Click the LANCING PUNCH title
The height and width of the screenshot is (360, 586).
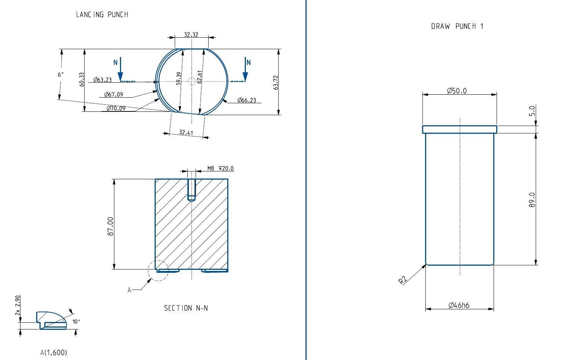click(102, 15)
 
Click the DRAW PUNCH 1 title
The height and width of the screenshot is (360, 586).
click(457, 26)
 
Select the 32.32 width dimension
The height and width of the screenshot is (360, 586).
click(191, 35)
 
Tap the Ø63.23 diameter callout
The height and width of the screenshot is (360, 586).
click(102, 79)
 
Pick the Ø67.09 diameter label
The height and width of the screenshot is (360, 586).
click(114, 94)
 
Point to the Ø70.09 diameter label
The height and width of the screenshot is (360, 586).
click(116, 108)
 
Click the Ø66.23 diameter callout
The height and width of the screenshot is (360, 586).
click(247, 100)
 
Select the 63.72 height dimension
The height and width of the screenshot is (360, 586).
click(276, 82)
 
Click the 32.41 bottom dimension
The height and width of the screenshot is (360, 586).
click(186, 132)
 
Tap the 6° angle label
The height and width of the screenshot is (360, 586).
click(61, 75)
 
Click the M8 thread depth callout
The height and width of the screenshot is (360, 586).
click(221, 168)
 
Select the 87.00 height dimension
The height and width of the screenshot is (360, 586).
click(110, 226)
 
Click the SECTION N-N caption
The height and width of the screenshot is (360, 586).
click(186, 308)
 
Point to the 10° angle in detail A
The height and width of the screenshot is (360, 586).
click(76, 322)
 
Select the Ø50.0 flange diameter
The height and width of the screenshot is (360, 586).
click(457, 91)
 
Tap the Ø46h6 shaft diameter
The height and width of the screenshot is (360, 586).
click(459, 306)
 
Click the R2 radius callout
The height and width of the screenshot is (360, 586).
click(403, 280)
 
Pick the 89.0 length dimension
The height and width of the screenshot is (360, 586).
click(532, 200)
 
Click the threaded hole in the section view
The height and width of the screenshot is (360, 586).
click(191, 190)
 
